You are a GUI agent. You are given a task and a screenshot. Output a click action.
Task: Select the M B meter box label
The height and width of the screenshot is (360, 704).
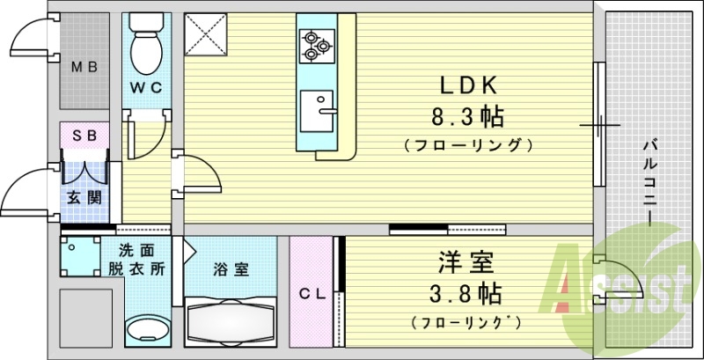pyautogui.click(x=84, y=67)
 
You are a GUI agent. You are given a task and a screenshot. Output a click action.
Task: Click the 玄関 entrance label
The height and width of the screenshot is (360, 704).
pyautogui.click(x=84, y=196)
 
